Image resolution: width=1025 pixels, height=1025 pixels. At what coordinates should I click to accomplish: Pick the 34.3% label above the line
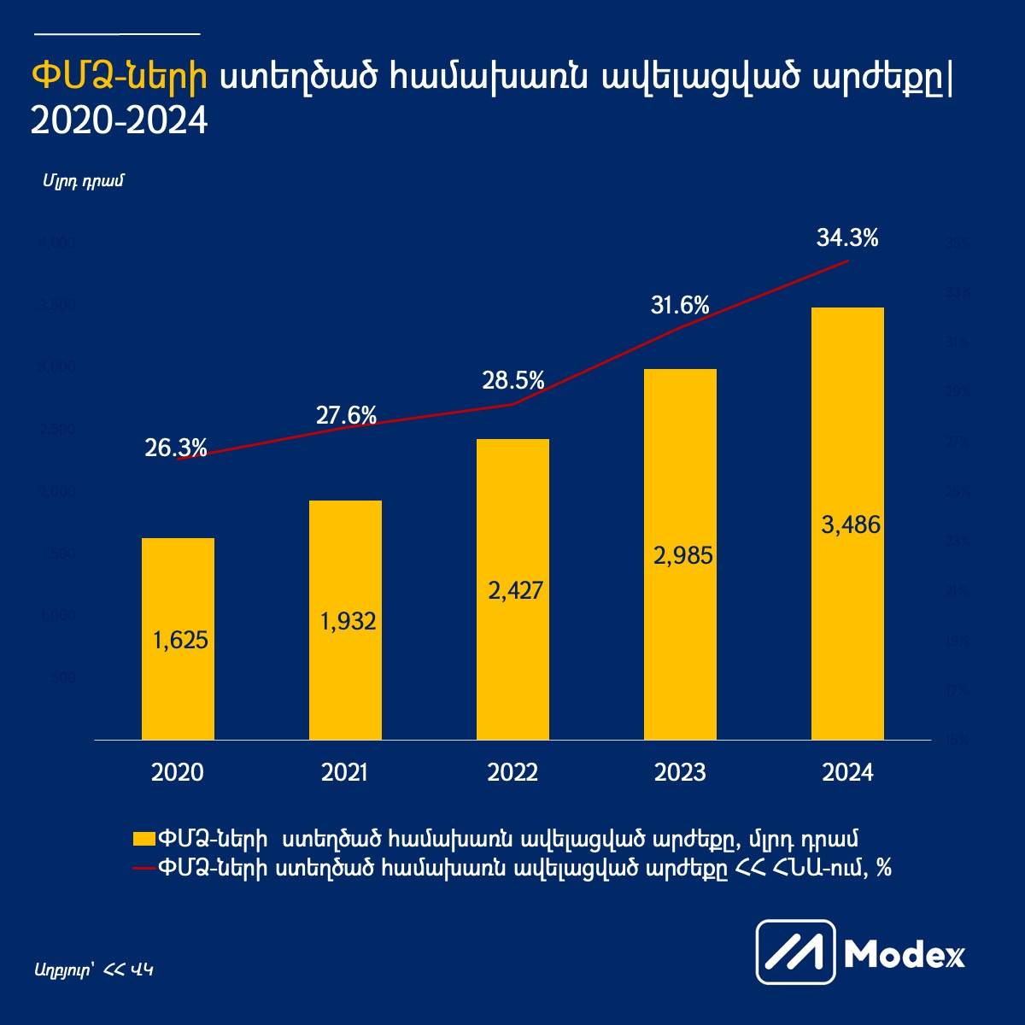846,238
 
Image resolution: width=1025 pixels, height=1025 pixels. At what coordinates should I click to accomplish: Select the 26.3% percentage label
176,448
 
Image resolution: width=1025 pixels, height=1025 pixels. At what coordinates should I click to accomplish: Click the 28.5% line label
512,381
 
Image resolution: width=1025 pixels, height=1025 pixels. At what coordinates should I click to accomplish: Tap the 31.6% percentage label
680,305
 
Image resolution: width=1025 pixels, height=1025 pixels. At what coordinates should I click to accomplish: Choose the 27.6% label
346,416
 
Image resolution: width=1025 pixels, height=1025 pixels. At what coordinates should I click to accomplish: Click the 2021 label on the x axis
344,773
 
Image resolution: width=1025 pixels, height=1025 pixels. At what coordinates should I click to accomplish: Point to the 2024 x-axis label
847,773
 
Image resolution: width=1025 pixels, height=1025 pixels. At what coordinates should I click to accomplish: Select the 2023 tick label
680,773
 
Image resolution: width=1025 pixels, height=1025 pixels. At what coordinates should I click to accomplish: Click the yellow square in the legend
143,838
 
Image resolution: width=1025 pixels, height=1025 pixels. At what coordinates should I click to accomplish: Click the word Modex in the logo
904,954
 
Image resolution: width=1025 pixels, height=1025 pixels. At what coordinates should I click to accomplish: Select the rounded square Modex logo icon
795,952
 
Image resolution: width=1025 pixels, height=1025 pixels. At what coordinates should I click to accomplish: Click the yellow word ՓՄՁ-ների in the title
119,76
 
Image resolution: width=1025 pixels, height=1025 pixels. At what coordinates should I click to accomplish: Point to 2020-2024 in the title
119,120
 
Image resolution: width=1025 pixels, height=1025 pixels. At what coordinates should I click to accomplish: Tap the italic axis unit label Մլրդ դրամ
83,182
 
